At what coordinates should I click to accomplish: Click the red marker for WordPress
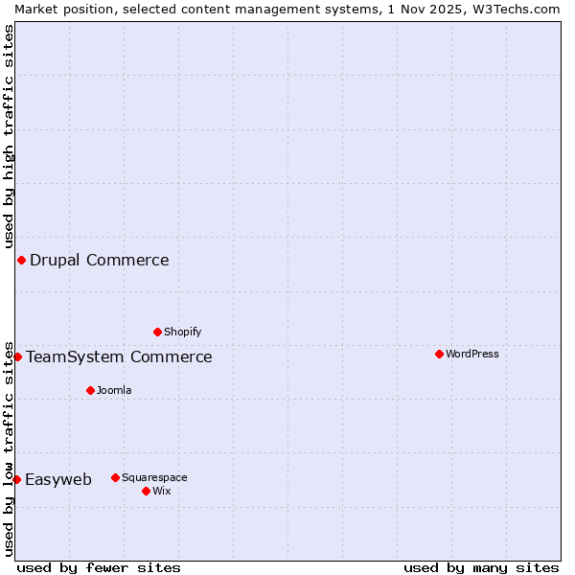coord(439,354)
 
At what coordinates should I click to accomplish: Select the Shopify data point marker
coord(157,332)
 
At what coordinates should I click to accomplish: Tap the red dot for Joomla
coord(90,390)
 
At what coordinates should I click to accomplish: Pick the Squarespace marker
coord(115,477)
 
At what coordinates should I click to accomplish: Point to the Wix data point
coord(146,491)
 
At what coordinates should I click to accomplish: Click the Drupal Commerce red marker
coord(21,260)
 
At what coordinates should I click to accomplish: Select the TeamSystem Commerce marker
coord(17,356)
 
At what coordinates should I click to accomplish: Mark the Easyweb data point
coord(16,479)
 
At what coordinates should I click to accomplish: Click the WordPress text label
coord(472,354)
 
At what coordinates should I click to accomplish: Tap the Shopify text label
coord(182,332)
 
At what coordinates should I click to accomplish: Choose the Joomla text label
coord(114,390)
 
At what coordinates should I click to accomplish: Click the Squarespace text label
coord(154,477)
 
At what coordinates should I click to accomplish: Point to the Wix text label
coord(161,491)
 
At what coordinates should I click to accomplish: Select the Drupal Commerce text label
coord(99,260)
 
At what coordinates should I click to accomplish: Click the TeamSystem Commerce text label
coord(119,356)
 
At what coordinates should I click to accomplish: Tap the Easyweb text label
coord(58,479)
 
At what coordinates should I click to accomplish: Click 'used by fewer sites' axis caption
coord(99,567)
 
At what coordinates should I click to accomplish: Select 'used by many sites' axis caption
coord(481,567)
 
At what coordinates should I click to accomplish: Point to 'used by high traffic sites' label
coord(9,137)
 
